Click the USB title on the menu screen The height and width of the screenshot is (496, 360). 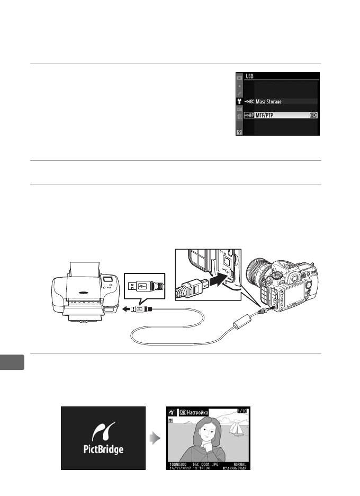click(x=248, y=76)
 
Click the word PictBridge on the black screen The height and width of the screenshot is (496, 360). click(x=103, y=450)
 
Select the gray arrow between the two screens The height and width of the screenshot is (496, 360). click(x=153, y=438)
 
